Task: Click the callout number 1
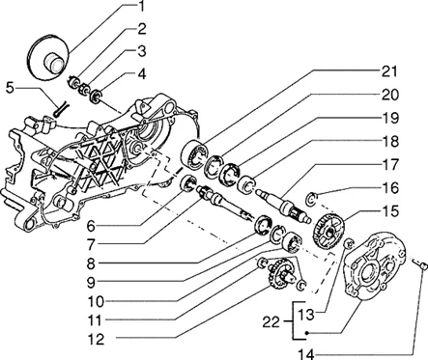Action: (141, 7)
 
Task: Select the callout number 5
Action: (11, 88)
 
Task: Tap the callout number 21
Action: (390, 71)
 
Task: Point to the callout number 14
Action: (305, 354)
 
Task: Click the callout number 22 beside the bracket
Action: (271, 321)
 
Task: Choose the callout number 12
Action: (96, 339)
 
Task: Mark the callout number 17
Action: (390, 164)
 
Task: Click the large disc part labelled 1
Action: (50, 56)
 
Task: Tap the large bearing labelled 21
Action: (193, 153)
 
